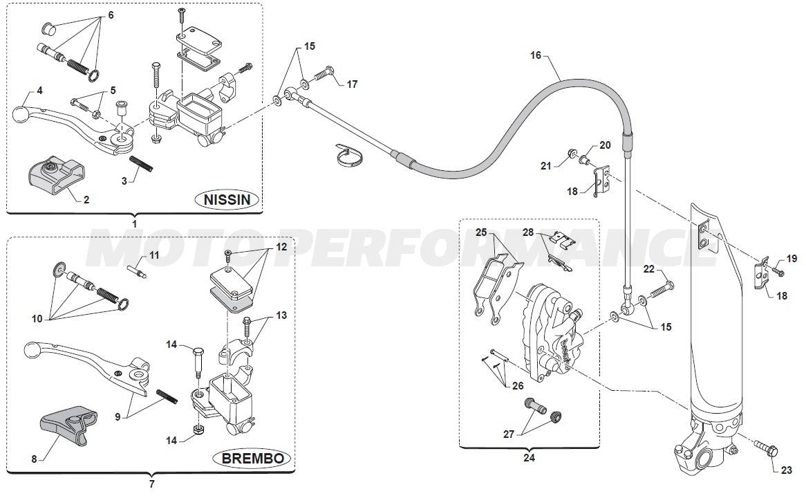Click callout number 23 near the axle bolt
point(787,471)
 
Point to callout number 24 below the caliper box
point(529,457)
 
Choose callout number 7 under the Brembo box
point(151,484)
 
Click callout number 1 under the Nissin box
point(134,223)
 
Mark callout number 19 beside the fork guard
point(791,259)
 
